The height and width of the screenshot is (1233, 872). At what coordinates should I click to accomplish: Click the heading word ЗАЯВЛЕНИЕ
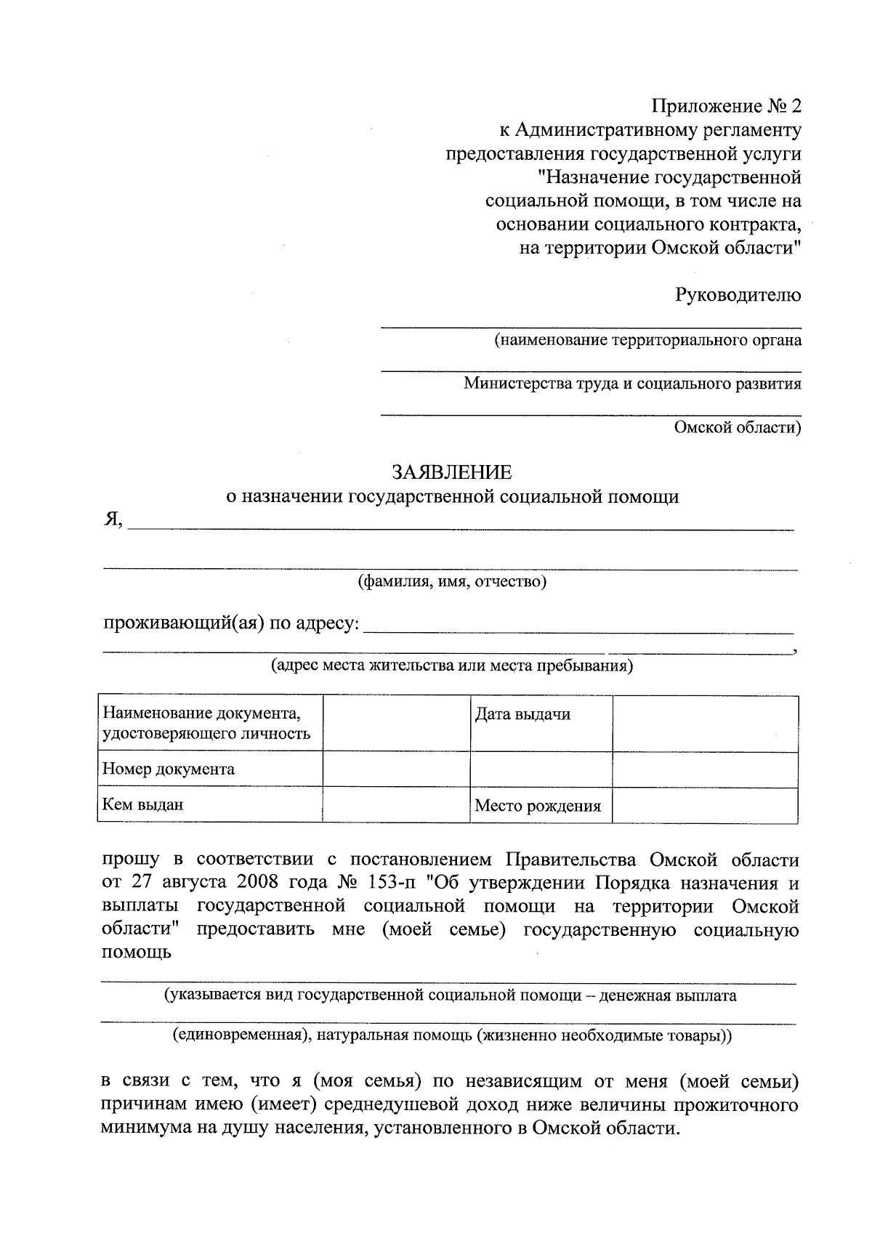tap(452, 472)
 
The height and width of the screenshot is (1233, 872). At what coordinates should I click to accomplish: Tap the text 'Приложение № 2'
tap(726, 106)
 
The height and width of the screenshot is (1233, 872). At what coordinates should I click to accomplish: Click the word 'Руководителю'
tap(738, 295)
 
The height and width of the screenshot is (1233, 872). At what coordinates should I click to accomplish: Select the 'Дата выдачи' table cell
tap(522, 714)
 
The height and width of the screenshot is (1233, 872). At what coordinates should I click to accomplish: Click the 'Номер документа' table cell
tap(169, 769)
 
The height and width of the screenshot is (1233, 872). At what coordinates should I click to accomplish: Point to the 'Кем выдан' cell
tap(143, 804)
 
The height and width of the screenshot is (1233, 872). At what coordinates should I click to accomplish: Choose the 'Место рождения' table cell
tap(538, 805)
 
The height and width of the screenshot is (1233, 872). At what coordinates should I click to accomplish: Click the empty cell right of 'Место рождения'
tap(705, 805)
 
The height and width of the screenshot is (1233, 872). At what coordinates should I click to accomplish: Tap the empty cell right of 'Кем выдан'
tap(396, 805)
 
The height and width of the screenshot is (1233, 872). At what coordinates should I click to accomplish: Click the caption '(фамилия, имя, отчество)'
tap(451, 581)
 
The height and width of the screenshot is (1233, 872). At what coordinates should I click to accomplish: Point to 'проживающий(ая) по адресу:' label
tap(231, 623)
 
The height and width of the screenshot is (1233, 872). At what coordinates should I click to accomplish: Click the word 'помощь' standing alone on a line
tap(136, 953)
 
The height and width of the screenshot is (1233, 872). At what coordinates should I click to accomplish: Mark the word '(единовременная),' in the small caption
tap(238, 1035)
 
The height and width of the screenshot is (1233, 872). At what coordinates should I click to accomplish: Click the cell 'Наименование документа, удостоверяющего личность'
tap(207, 724)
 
